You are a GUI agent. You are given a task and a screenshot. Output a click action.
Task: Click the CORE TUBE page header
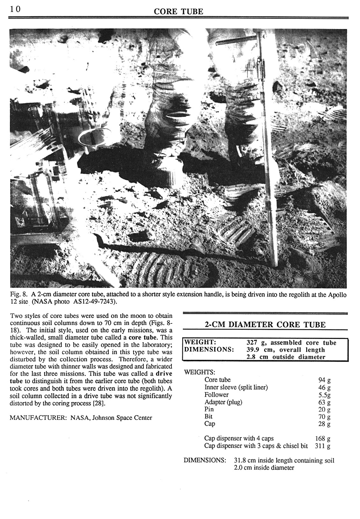pyautogui.click(x=178, y=12)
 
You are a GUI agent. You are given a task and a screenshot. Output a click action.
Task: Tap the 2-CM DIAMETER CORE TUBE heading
pyautogui.click(x=265, y=325)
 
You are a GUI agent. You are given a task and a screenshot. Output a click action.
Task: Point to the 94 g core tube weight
pyautogui.click(x=324, y=380)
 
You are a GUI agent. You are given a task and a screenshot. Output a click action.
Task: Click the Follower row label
pyautogui.click(x=216, y=394)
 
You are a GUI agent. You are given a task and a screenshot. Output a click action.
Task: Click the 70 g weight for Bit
pyautogui.click(x=324, y=417)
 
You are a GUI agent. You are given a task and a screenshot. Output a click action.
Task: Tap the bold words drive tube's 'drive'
pyautogui.click(x=163, y=373)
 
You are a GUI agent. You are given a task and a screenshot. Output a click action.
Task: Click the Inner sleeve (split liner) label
pyautogui.click(x=236, y=387)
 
